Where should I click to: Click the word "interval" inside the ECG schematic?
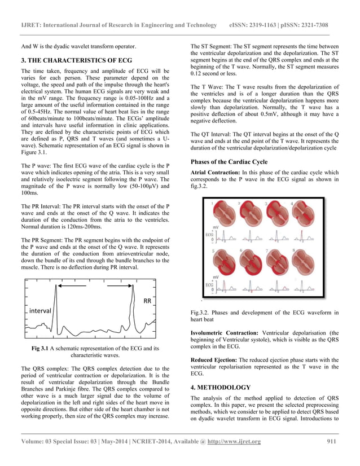pyautogui.click(x=41, y=311)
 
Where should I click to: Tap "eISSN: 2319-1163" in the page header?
pyautogui.click(x=256, y=25)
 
